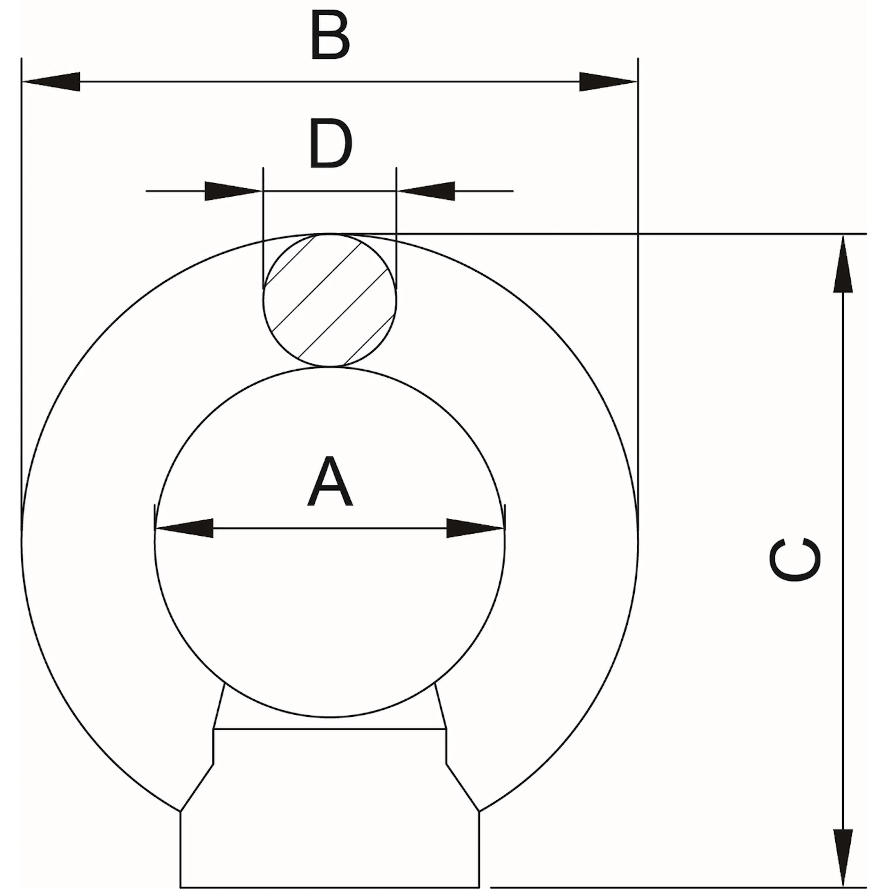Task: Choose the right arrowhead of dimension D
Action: click(426, 191)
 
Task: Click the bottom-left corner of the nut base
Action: click(180, 887)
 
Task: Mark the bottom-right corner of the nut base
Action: click(479, 887)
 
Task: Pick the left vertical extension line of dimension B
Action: click(22, 294)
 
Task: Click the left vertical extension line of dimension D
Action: click(263, 228)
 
